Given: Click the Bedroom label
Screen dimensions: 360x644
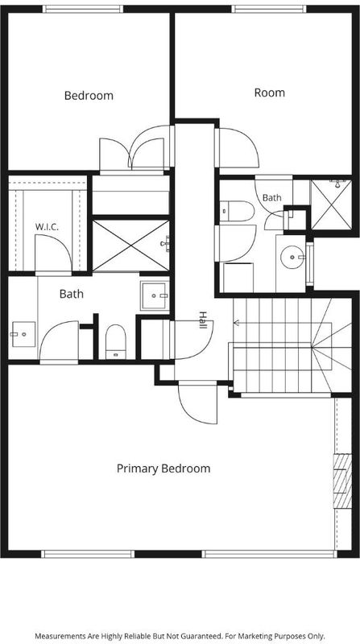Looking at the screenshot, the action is [x=89, y=96].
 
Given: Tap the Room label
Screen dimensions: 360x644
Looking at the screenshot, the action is [x=270, y=93].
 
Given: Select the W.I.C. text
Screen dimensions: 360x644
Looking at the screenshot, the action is [x=47, y=226].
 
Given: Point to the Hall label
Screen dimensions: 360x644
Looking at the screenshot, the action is [x=203, y=320].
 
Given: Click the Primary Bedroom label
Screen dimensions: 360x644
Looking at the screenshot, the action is [x=163, y=469].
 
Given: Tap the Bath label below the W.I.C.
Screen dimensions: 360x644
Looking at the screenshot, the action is [x=72, y=294].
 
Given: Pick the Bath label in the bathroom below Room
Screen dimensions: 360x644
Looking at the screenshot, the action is [x=272, y=197].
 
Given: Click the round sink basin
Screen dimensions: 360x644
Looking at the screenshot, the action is [x=292, y=258].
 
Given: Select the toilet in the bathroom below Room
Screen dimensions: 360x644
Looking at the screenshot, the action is [x=237, y=211].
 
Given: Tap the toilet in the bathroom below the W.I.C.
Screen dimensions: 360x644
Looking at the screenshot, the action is [x=115, y=341].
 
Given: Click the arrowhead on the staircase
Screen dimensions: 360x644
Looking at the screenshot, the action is [x=236, y=324].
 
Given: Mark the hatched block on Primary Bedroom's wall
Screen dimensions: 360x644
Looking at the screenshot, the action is [x=342, y=481].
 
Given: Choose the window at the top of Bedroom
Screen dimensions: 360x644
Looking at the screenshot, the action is [x=83, y=9].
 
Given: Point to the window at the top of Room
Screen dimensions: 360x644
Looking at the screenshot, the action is [x=269, y=9].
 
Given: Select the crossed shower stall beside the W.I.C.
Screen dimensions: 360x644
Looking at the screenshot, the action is [x=130, y=246].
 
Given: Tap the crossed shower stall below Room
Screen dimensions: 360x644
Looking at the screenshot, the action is [x=331, y=205].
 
